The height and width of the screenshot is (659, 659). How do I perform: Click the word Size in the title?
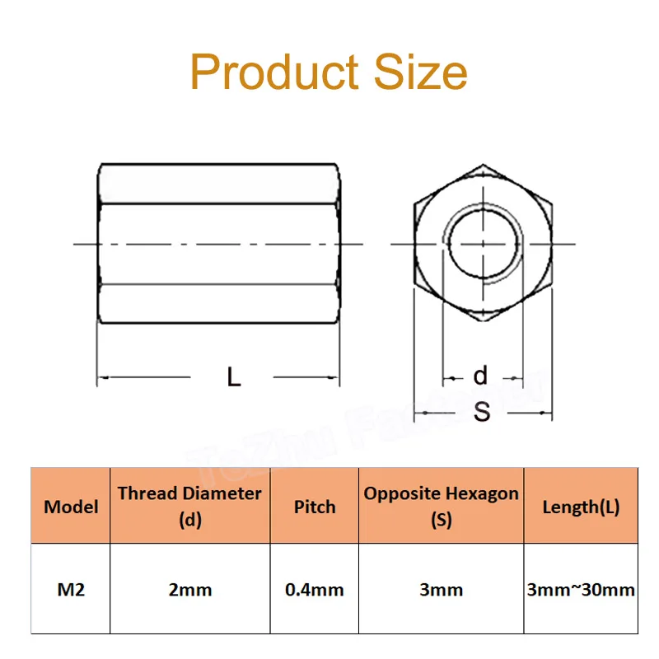421,72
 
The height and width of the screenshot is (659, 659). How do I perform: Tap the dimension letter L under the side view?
234,378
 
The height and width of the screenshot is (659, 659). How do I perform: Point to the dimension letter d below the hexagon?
481,376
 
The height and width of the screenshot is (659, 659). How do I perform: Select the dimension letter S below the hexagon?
482,411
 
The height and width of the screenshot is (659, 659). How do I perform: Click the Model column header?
71,507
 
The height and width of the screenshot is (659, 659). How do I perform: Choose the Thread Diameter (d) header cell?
189,506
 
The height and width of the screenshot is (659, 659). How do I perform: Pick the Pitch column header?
315,507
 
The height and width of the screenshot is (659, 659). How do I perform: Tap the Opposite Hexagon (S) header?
442,506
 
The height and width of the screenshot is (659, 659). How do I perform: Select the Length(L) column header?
581,507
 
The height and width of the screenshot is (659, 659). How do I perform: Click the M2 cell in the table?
71,590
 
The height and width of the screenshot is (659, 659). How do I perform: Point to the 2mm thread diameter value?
189,590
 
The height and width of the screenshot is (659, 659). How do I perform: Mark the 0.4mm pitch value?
315,590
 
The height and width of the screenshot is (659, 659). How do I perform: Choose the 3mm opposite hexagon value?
442,590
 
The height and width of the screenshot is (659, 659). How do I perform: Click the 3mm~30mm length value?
581,590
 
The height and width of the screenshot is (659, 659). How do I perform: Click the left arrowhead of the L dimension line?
101,379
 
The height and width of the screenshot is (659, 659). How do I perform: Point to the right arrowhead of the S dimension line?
549,412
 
